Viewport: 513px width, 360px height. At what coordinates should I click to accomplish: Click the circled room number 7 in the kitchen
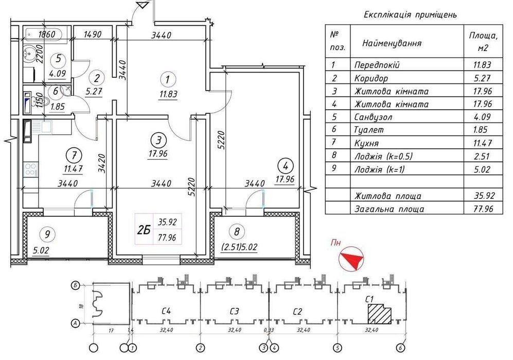pos(74,155)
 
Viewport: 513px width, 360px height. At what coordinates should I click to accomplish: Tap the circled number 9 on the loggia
pos(47,234)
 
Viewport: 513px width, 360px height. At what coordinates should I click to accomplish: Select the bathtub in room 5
pos(45,34)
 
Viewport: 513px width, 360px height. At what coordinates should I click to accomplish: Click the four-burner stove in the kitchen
pos(31,169)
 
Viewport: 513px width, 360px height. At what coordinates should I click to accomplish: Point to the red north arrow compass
pos(351,259)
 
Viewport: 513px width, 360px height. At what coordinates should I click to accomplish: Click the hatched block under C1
pos(379,314)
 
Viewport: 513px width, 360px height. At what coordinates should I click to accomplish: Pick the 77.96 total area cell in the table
pos(483,209)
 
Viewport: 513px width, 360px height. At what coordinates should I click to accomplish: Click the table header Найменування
pos(392,43)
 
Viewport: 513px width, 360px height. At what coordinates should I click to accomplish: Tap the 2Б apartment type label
pos(144,230)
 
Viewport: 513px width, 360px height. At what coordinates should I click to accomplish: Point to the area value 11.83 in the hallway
pos(168,95)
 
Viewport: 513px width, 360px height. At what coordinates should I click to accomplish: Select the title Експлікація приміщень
pos(410,15)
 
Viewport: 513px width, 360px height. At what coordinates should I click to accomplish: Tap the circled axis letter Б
pos(76,286)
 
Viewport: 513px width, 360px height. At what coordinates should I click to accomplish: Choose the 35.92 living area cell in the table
pos(484,196)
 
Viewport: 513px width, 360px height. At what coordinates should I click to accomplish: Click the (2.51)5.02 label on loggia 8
pos(239,247)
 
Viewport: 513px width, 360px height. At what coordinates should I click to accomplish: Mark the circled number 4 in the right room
pos(286,166)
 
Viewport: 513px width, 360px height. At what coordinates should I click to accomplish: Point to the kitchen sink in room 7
pos(46,127)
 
